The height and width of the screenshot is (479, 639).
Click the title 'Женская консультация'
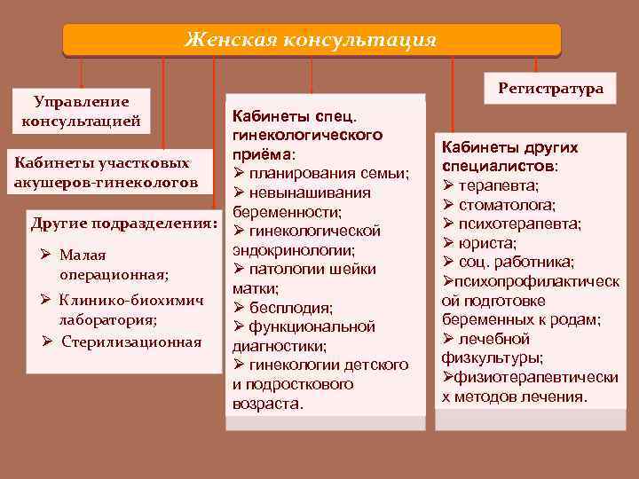[311, 39]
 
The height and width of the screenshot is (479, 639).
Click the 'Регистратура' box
[550, 89]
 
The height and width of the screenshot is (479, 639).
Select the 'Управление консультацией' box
[82, 111]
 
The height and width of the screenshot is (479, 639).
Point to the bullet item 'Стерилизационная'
[130, 342]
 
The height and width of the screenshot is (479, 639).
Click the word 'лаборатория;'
[107, 319]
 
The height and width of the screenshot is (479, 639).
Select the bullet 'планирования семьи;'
[328, 172]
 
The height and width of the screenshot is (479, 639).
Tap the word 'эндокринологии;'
[293, 250]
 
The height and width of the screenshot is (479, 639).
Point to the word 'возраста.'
[267, 404]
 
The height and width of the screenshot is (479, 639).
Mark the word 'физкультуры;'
[493, 358]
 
